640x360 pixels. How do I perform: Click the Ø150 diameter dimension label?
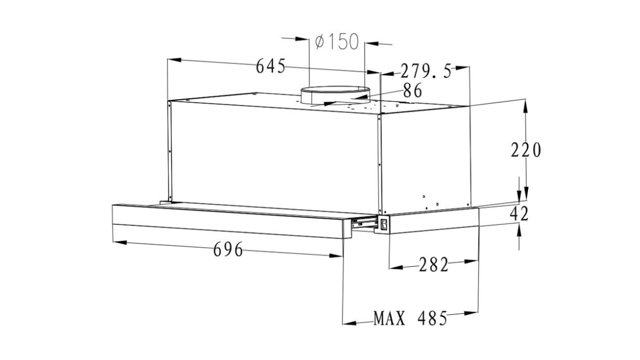[x=337, y=42]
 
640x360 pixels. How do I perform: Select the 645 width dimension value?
[x=271, y=67]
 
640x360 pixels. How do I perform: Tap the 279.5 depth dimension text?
[x=426, y=71]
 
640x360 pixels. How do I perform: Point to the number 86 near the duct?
[x=412, y=91]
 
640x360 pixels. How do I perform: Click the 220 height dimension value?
[x=526, y=150]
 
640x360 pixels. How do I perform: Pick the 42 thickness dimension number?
[x=519, y=214]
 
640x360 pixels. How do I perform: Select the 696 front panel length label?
[x=228, y=249]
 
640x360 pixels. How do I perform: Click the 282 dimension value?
[x=433, y=265]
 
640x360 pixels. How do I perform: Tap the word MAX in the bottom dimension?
[x=389, y=319]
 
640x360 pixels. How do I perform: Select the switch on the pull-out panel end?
[x=381, y=224]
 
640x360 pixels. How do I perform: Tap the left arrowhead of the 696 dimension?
[x=119, y=243]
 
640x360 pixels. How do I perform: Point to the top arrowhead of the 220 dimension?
[x=526, y=105]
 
